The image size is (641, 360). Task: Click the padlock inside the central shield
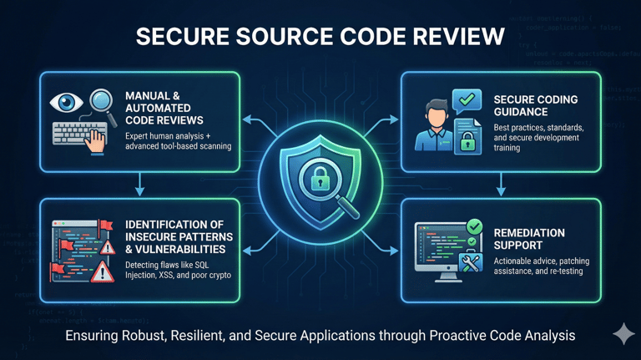(x=320, y=177)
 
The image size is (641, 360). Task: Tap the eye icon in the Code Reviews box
(x=66, y=103)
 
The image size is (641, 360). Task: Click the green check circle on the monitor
(x=473, y=226)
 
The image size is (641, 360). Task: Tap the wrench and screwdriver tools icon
(x=471, y=262)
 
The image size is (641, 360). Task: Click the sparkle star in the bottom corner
(x=623, y=333)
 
